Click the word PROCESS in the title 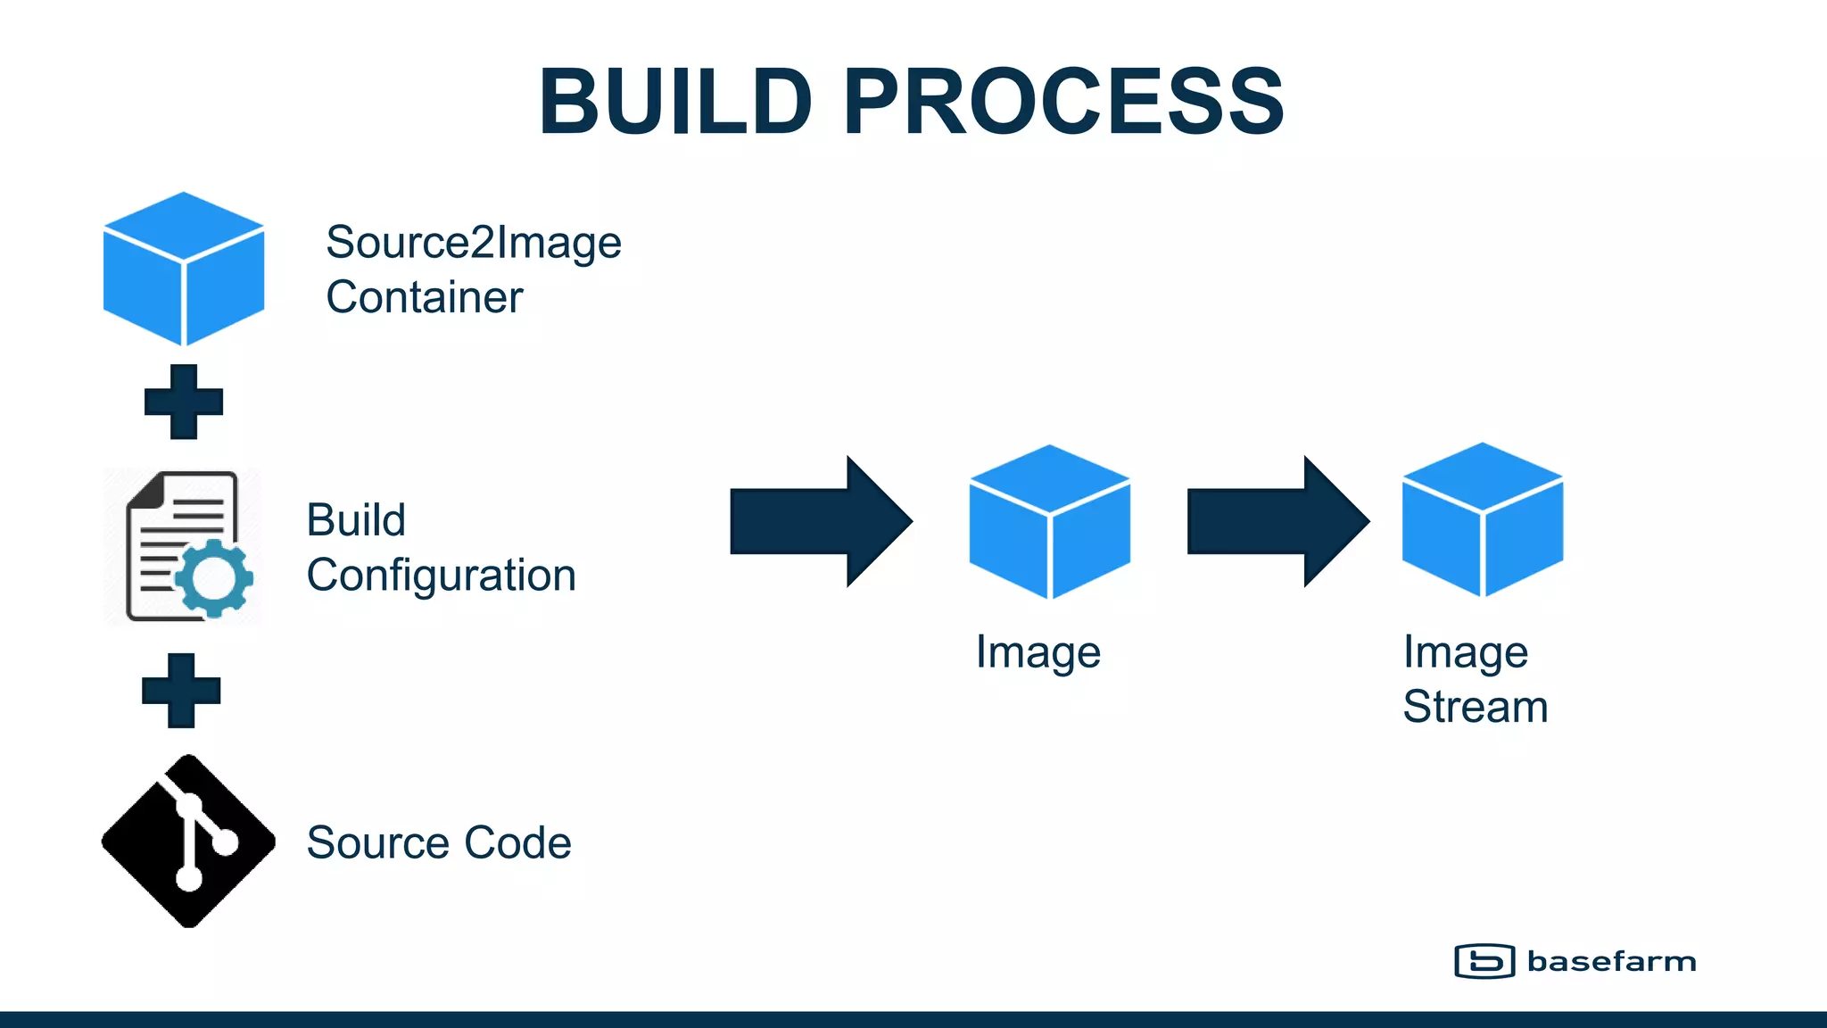pos(1062,102)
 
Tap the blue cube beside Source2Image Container pos(184,269)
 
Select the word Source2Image pos(473,243)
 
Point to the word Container pos(424,297)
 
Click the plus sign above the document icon pos(184,402)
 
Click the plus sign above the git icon pos(181,691)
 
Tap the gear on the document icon pos(214,578)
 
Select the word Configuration pos(441,576)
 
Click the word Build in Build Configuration pos(356,520)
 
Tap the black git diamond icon pos(188,841)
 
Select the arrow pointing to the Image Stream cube pos(1277,521)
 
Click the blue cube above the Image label pos(1050,522)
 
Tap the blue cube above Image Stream pos(1483,520)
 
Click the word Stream pos(1475,707)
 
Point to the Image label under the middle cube pos(1038,652)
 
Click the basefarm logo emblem pos(1484,961)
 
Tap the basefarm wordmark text pos(1611,961)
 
